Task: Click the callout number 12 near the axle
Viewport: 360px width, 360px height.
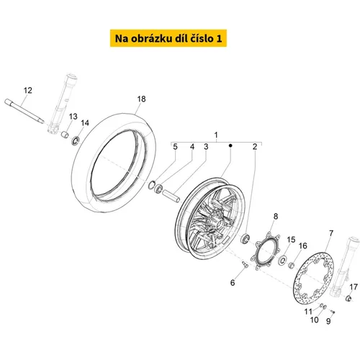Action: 28,91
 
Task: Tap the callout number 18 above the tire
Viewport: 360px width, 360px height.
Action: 141,99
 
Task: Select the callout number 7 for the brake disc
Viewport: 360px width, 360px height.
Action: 331,233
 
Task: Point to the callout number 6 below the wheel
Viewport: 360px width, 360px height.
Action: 233,283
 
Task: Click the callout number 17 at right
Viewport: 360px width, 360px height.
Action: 354,287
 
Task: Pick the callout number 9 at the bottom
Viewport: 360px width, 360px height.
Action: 328,321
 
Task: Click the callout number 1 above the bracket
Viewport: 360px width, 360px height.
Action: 216,135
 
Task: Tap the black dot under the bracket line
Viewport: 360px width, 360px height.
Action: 230,145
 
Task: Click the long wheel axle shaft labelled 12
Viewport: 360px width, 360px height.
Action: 24,112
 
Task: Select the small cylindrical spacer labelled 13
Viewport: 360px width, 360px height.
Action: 65,135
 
